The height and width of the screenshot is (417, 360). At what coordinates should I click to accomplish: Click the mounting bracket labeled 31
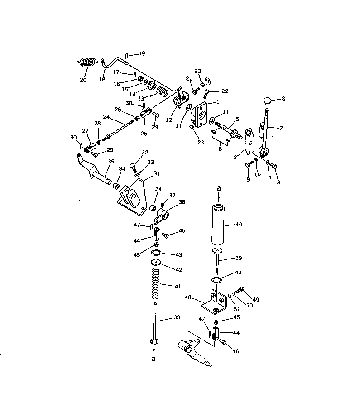(134, 195)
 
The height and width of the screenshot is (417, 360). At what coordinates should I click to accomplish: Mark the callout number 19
(142, 53)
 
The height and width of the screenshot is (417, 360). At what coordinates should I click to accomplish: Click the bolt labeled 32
(133, 166)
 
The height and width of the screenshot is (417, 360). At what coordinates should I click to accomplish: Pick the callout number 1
(217, 102)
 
